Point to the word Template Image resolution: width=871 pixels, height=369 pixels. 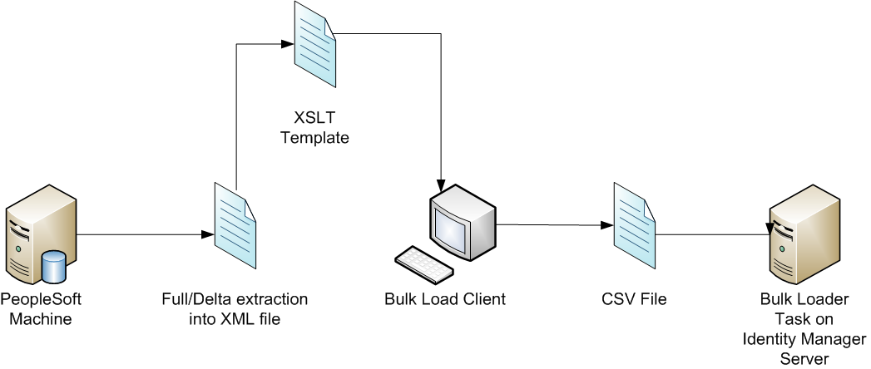pyautogui.click(x=314, y=138)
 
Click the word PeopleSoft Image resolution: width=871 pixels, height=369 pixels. pyautogui.click(x=42, y=298)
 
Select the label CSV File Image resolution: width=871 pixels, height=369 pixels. pyautogui.click(x=634, y=298)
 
